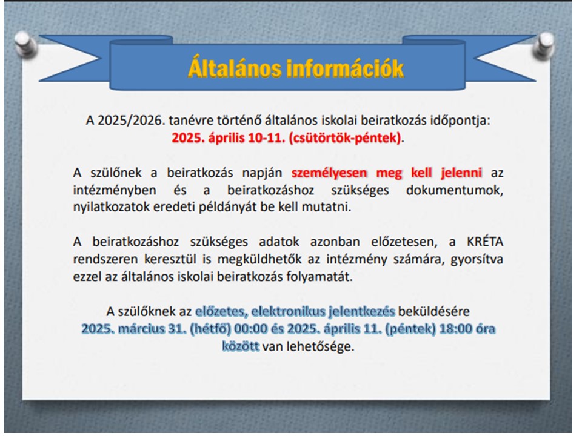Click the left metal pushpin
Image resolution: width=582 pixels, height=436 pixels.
point(25,44)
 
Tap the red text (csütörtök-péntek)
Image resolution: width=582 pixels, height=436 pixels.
point(345,138)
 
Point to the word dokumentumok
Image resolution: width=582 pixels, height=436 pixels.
point(454,190)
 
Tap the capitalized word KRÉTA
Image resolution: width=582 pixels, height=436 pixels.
point(485,242)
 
